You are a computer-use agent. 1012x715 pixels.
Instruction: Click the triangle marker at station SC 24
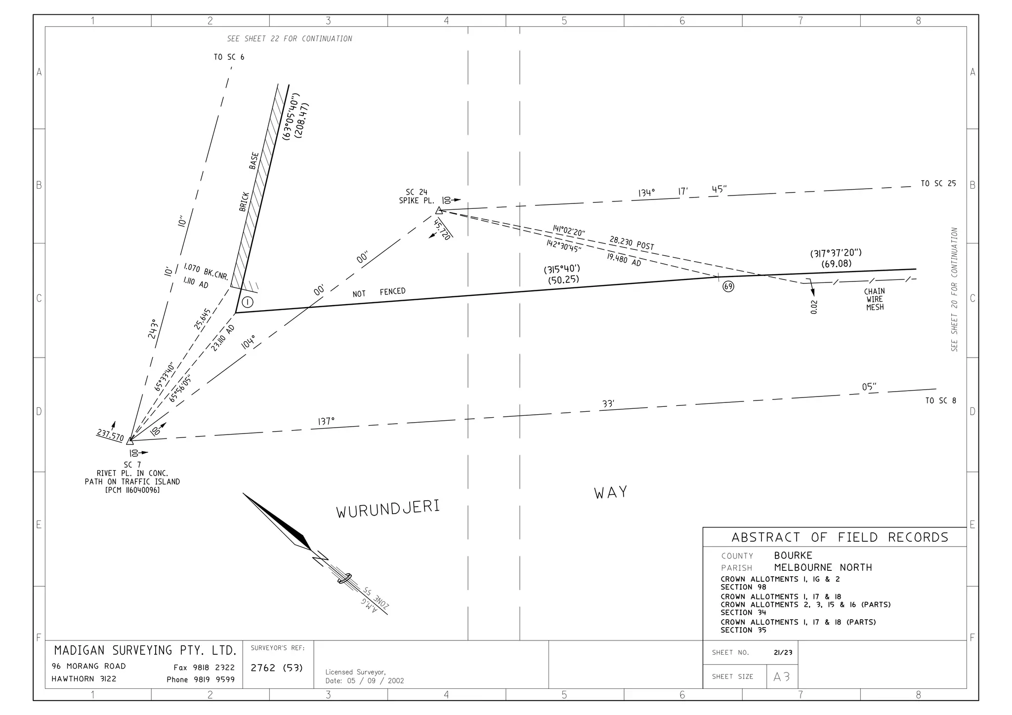439,211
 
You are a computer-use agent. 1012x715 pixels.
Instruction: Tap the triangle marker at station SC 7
130,440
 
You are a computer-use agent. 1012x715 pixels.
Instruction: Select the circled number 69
728,286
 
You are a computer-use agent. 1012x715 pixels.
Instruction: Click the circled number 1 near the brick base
247,302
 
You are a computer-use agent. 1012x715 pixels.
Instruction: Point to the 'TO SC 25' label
938,184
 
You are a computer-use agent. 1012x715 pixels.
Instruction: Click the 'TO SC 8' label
940,400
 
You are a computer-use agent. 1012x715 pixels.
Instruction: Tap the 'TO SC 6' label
229,57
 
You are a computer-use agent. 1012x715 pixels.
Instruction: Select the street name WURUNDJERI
388,509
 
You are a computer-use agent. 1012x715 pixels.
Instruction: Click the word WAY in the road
611,492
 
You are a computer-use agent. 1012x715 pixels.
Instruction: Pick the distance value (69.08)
837,264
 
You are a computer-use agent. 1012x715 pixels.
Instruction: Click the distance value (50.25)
563,280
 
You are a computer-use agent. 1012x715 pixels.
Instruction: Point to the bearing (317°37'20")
836,253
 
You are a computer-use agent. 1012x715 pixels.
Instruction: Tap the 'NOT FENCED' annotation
379,292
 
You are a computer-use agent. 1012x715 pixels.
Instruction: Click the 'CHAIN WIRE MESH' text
875,299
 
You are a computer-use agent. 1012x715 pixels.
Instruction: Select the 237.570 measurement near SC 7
110,435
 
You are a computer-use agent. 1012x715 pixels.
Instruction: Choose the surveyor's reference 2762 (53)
277,668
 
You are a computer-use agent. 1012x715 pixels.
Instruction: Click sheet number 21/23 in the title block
783,652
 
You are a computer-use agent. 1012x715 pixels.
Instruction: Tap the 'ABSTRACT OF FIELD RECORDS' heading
840,537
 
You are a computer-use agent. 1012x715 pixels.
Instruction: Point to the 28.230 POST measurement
632,243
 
